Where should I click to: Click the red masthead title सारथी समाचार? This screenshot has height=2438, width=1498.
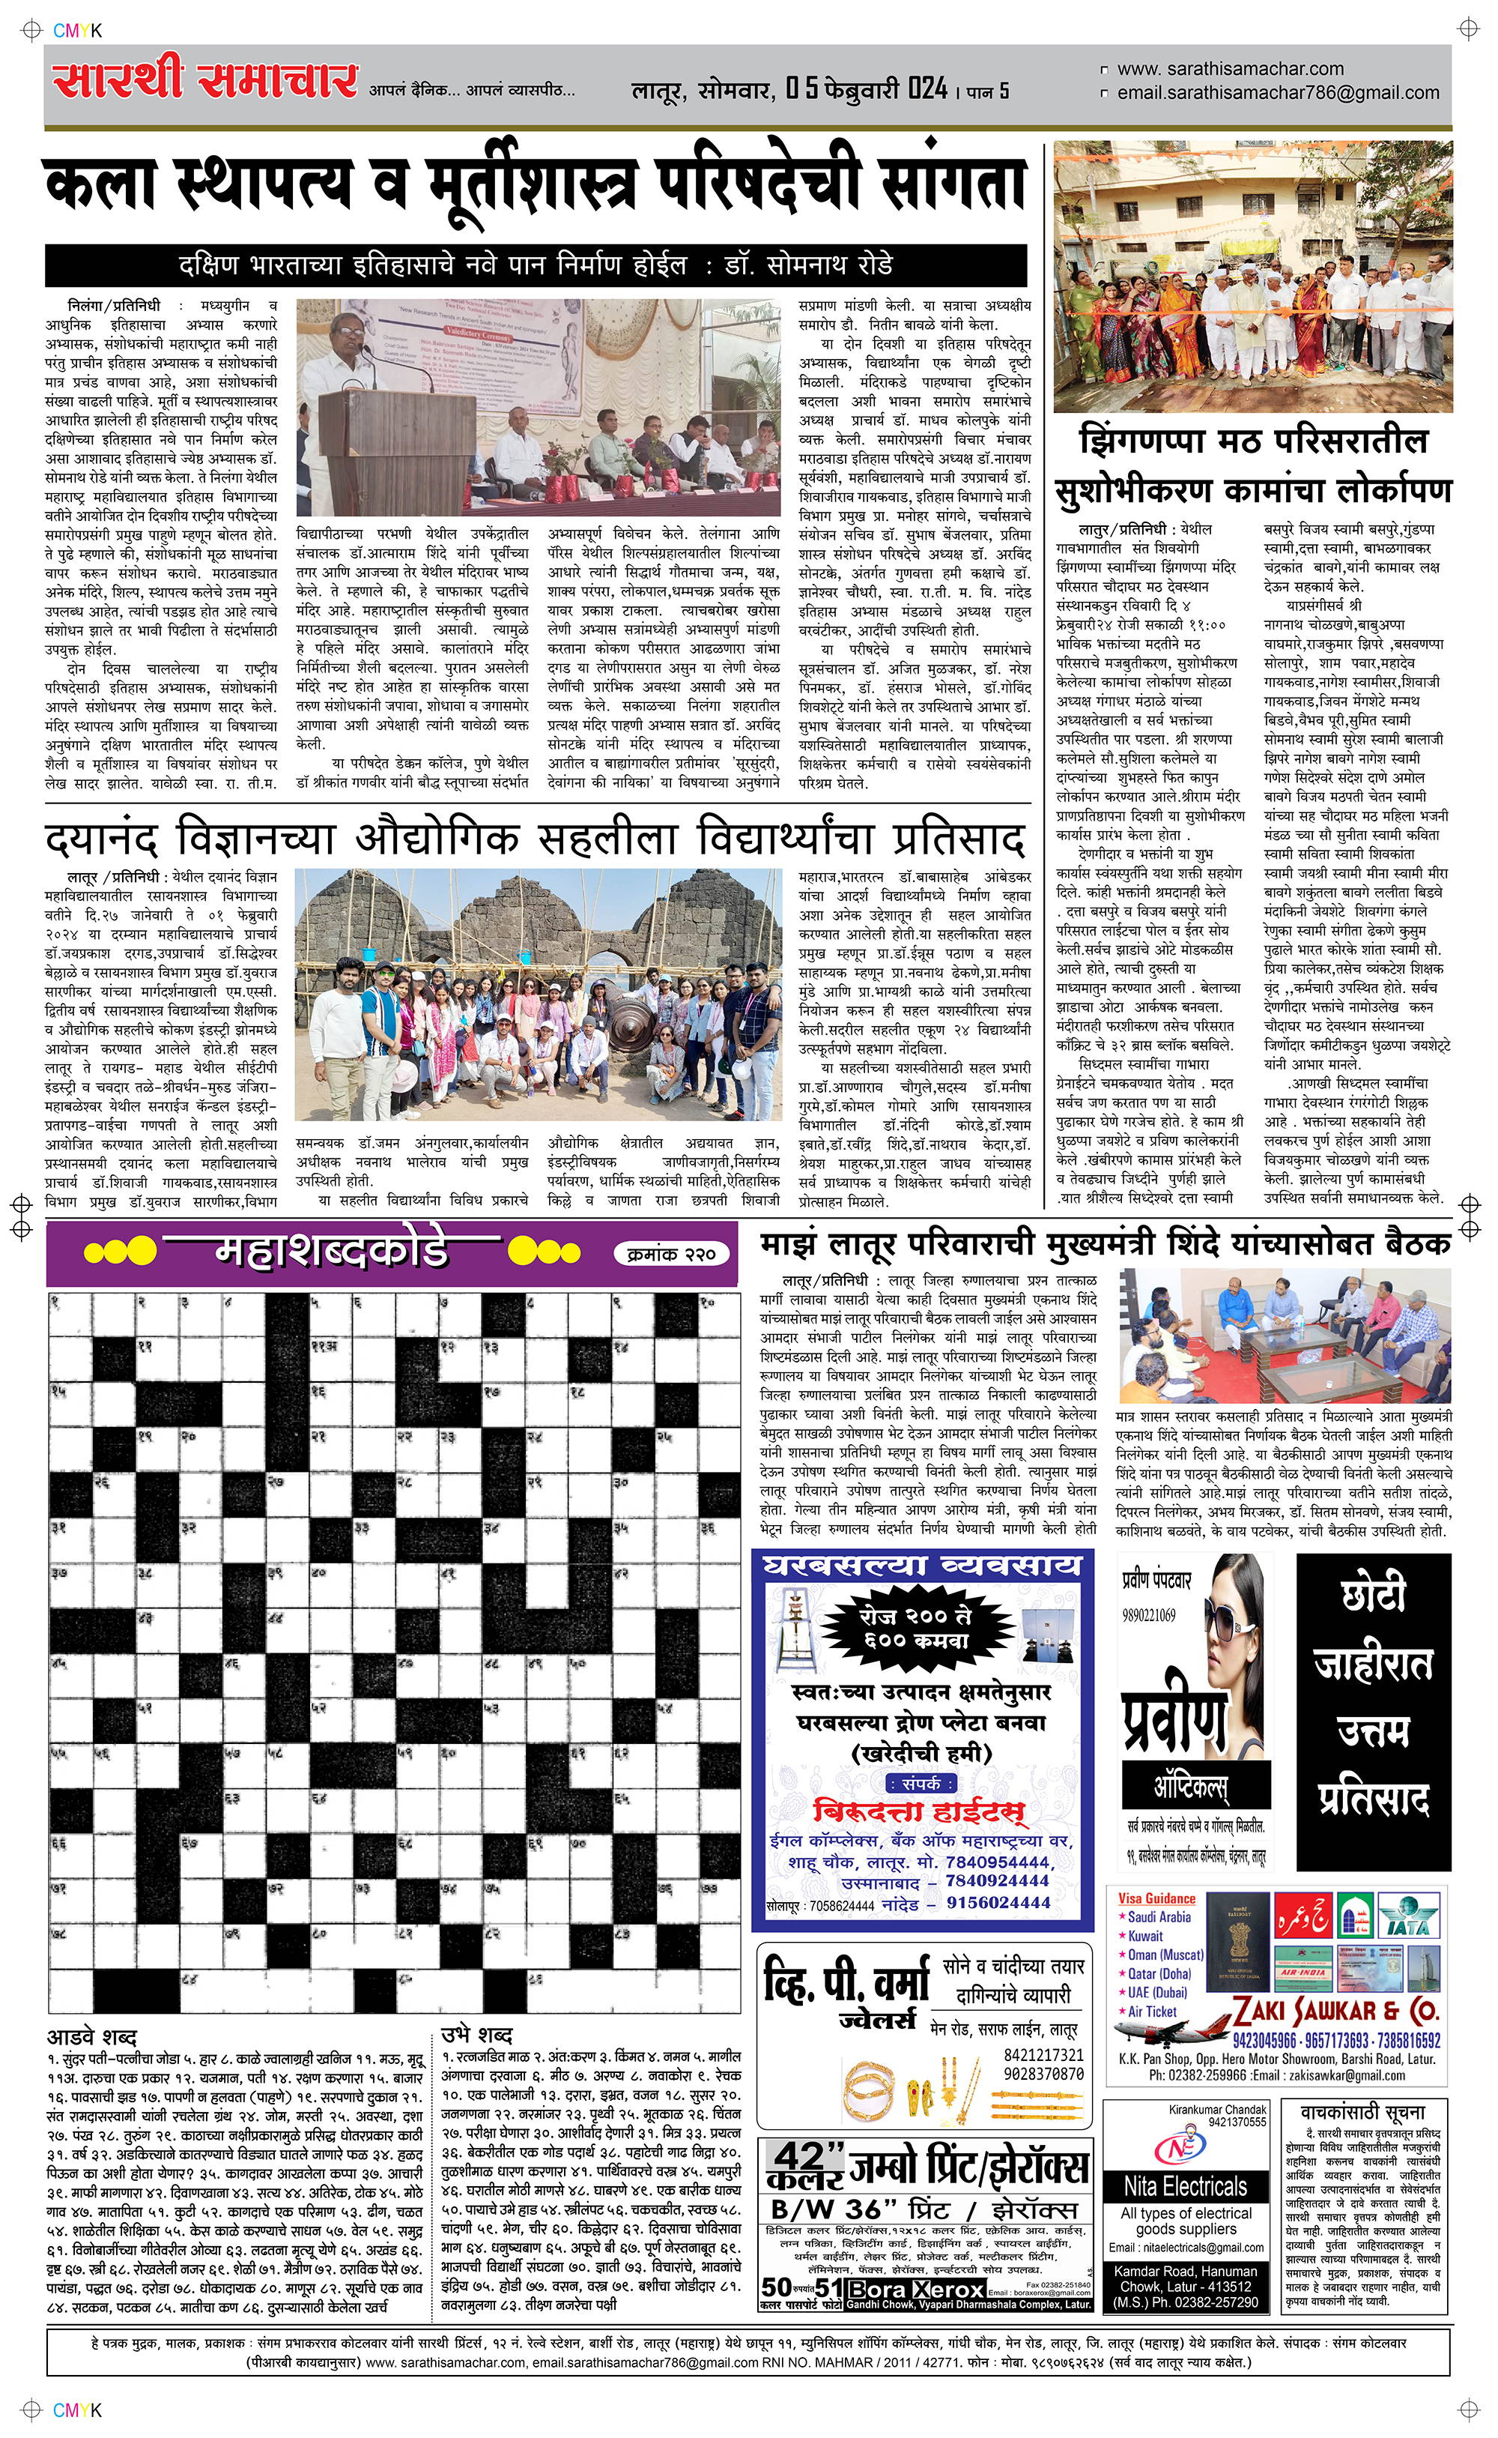(x=205, y=80)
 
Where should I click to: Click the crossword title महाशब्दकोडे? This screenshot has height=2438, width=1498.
(x=331, y=1251)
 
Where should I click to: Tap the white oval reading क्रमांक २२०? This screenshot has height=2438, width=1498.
(x=671, y=1254)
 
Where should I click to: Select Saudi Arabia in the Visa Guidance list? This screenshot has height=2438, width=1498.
(x=1159, y=1918)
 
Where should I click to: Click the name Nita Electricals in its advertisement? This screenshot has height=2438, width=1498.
(x=1185, y=2187)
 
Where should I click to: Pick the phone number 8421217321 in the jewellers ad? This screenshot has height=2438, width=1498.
(x=1043, y=2057)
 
